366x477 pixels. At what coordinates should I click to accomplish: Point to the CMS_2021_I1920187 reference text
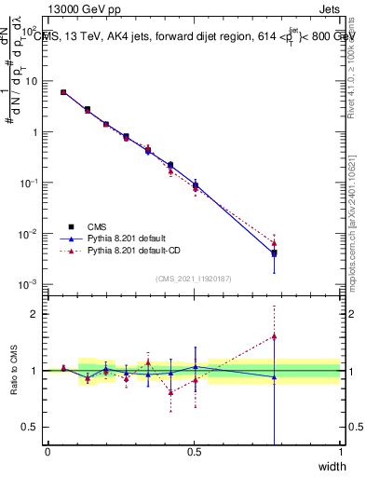194,278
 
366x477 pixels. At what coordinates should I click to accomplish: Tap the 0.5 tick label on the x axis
193,452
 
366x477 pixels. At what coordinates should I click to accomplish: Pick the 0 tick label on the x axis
47,452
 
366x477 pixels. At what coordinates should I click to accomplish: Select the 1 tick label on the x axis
340,452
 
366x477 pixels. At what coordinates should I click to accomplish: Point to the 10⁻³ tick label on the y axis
30,283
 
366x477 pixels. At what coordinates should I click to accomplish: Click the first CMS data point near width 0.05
63,92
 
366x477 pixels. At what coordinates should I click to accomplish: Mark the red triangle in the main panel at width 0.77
274,243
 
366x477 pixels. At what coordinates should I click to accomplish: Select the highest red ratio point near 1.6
274,336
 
